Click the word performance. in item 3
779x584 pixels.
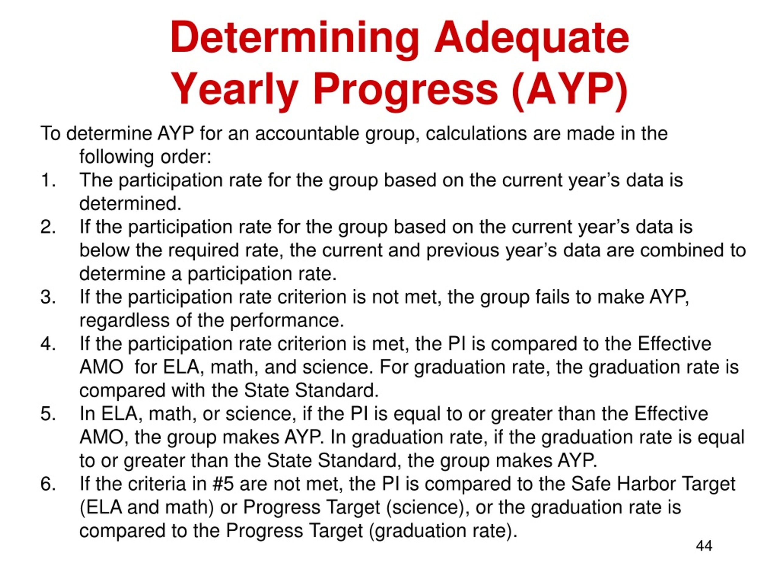pyautogui.click(x=287, y=320)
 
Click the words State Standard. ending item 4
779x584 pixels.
pyautogui.click(x=311, y=390)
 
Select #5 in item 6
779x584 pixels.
pyautogui.click(x=223, y=484)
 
